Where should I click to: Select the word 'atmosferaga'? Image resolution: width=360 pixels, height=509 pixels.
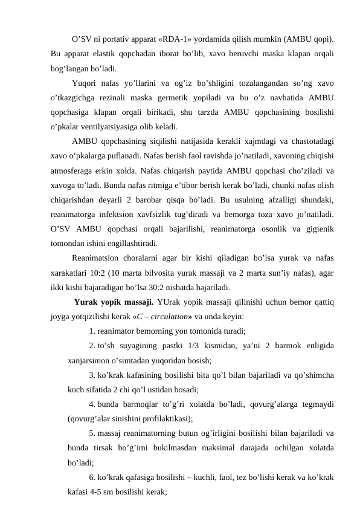point(74,172)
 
